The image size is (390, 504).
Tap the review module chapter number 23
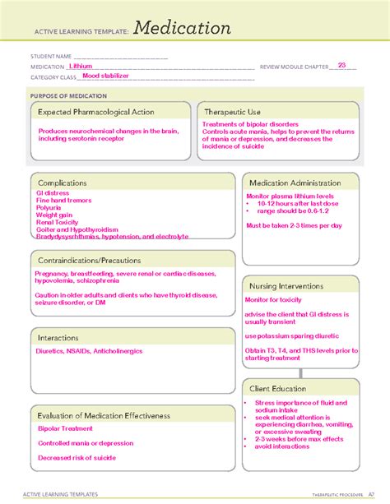coord(341,64)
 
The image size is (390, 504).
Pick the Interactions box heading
coord(62,337)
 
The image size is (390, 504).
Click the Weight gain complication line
coord(54,216)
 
